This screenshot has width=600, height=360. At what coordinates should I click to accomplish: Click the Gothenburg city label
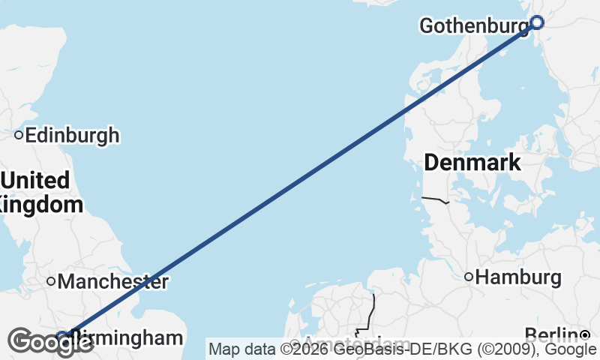(x=474, y=25)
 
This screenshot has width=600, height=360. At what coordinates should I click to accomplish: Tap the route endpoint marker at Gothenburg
(x=536, y=22)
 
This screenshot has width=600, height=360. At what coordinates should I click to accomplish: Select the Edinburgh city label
(x=72, y=136)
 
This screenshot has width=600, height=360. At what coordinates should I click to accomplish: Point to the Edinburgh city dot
(x=19, y=136)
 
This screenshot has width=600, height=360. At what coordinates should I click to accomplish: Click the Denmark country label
(x=472, y=162)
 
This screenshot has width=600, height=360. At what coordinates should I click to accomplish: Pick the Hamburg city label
(x=518, y=277)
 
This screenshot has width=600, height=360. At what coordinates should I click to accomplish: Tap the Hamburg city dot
(x=469, y=277)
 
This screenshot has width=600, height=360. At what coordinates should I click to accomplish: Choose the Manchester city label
(x=112, y=282)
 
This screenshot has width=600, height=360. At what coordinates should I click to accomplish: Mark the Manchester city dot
(x=51, y=281)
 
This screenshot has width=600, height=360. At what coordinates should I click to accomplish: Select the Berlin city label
(x=551, y=334)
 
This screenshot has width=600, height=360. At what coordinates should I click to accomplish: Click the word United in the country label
(x=36, y=181)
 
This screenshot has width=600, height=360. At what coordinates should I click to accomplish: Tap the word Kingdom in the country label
(x=41, y=204)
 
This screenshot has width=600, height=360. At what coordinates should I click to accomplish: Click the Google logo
(x=51, y=342)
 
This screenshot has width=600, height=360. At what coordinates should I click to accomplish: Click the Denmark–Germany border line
(x=435, y=199)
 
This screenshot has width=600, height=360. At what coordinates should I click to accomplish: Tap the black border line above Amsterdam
(x=372, y=311)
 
